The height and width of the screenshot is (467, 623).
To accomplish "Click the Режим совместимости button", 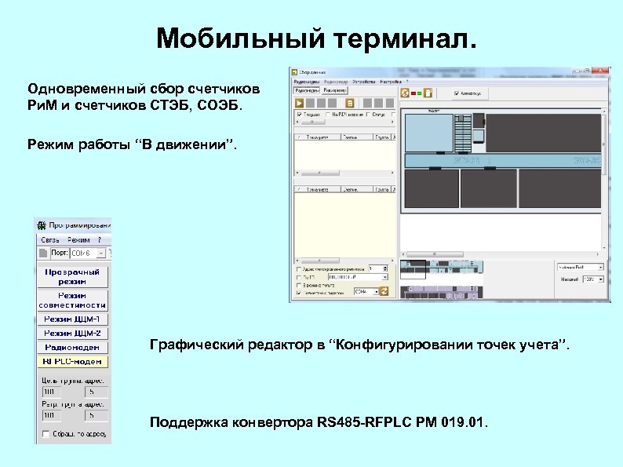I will pyautogui.click(x=72, y=300).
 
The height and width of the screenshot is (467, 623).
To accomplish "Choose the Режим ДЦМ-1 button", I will pyautogui.click(x=72, y=319).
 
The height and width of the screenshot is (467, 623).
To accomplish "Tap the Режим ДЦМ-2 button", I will pyautogui.click(x=72, y=333).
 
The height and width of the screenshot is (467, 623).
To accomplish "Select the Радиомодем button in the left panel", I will pyautogui.click(x=72, y=347).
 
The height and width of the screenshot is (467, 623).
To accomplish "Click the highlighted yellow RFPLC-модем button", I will pyautogui.click(x=72, y=362).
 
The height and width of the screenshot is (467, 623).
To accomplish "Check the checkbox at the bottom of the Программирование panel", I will pyautogui.click(x=46, y=434).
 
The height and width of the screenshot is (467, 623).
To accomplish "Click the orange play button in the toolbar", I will pyautogui.click(x=298, y=103).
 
